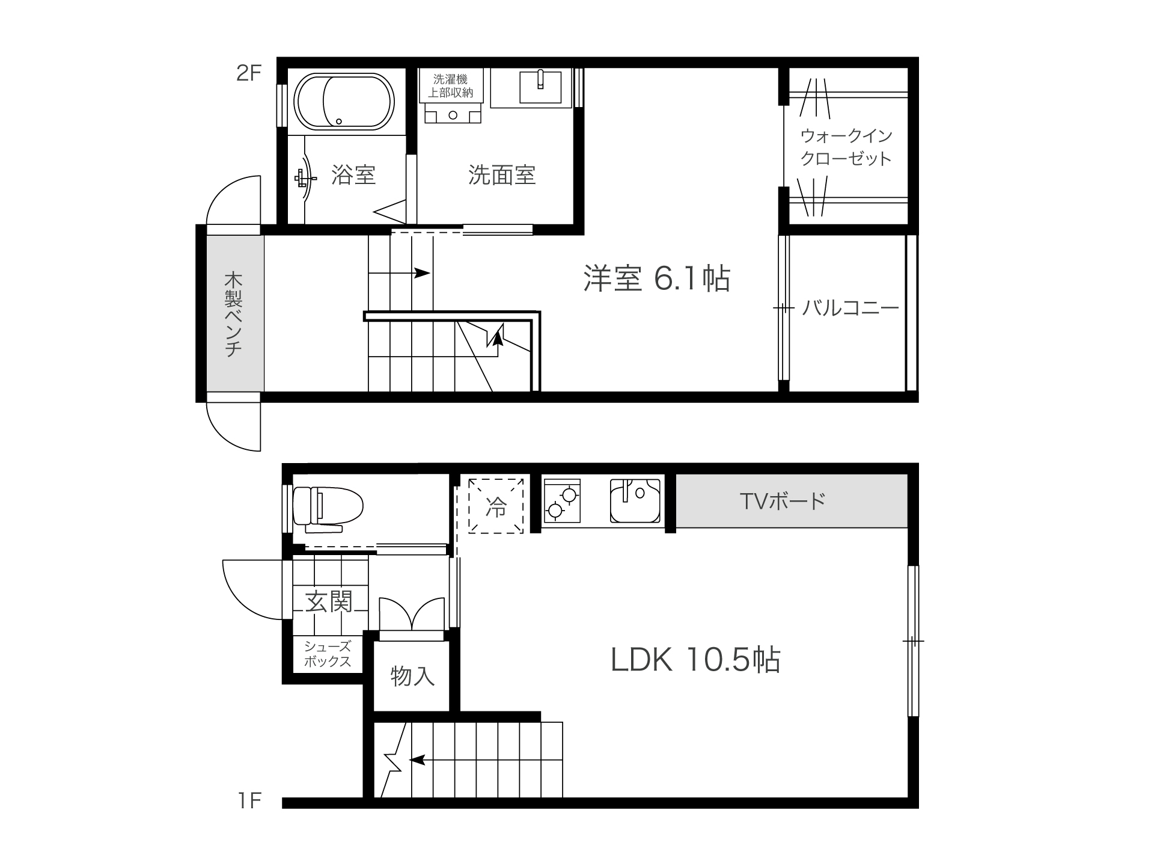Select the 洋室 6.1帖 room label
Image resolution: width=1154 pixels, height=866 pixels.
pos(657,278)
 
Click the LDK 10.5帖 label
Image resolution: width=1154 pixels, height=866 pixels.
pos(695,660)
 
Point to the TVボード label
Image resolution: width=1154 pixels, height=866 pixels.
pos(783,501)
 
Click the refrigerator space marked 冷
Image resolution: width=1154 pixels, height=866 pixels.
pos(496,506)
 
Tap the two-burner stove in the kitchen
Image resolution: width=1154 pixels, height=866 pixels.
pos(562,500)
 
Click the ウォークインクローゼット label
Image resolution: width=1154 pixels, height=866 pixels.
pos(846,147)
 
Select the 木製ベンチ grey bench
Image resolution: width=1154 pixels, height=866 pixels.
pos(235,314)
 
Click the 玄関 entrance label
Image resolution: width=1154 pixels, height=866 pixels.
pos(329,601)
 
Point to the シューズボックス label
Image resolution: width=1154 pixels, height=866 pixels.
pos(328,654)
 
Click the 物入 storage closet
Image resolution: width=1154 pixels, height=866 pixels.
pos(412,676)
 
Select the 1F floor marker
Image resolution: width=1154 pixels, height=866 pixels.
pos(249,800)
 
